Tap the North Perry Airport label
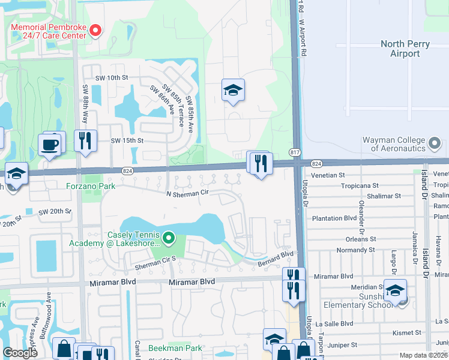pyautogui.click(x=408, y=49)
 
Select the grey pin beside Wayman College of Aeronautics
pyautogui.click(x=436, y=144)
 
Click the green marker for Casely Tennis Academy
pyautogui.click(x=169, y=239)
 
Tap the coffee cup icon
pyautogui.click(x=49, y=144)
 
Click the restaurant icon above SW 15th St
pyautogui.click(x=85, y=140)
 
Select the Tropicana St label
pyautogui.click(x=360, y=186)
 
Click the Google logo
pyautogui.click(x=20, y=353)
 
